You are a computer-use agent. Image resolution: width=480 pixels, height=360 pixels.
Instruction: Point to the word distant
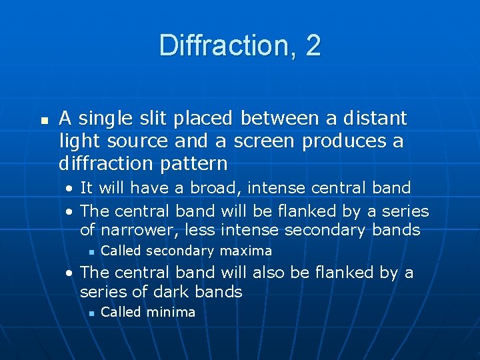click(x=375, y=119)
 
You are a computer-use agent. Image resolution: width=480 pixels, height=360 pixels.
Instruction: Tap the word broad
click(x=213, y=188)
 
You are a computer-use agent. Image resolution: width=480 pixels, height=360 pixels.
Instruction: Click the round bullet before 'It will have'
click(x=70, y=189)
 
